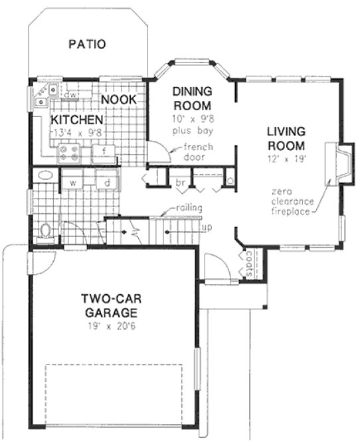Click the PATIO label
[x=87, y=45]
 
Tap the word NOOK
[x=119, y=99]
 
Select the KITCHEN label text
[x=77, y=120]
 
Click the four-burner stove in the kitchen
[x=69, y=154]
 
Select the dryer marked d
[x=106, y=181]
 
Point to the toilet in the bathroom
[x=46, y=230]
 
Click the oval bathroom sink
[x=45, y=176]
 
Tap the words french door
[x=197, y=151]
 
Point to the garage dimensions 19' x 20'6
[x=110, y=326]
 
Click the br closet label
[x=180, y=181]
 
